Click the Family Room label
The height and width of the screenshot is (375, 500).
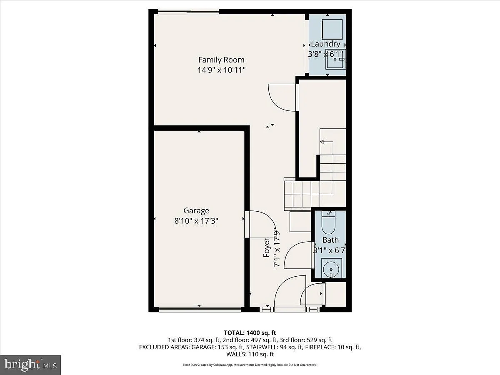point(221,60)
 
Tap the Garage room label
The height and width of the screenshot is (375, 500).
point(196,210)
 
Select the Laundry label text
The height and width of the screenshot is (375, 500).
point(325,44)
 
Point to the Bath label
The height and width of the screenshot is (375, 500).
point(330,240)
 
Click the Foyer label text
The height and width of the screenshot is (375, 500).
point(266,247)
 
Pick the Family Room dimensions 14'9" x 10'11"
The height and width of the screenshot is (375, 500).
point(221,70)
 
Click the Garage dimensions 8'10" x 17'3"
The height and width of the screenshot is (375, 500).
point(196,221)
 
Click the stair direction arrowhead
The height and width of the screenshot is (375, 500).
point(322,142)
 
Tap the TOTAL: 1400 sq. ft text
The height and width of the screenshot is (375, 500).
point(250,333)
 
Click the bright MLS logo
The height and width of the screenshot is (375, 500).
point(30,365)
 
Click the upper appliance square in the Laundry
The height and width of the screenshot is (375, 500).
point(332,29)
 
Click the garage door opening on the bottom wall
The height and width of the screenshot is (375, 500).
point(200,309)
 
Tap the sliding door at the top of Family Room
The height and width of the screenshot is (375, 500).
point(189,11)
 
